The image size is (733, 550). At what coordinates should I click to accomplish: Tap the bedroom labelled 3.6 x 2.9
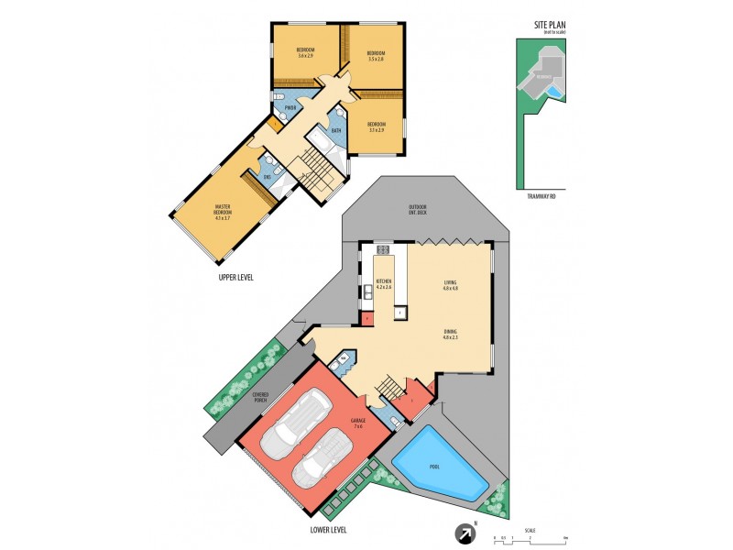pos(305,52)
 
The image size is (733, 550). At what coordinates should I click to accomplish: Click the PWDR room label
pos(290,108)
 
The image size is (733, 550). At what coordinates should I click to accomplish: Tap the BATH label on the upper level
pos(336,130)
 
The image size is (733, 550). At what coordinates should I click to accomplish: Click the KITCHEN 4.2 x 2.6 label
pos(383,284)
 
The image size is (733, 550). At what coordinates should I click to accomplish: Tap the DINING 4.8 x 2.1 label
pos(450,334)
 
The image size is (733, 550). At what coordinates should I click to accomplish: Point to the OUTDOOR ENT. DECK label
pos(418,210)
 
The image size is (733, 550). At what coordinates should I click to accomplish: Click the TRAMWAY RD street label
pos(542,195)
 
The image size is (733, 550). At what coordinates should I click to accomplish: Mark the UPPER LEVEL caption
pos(236,277)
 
